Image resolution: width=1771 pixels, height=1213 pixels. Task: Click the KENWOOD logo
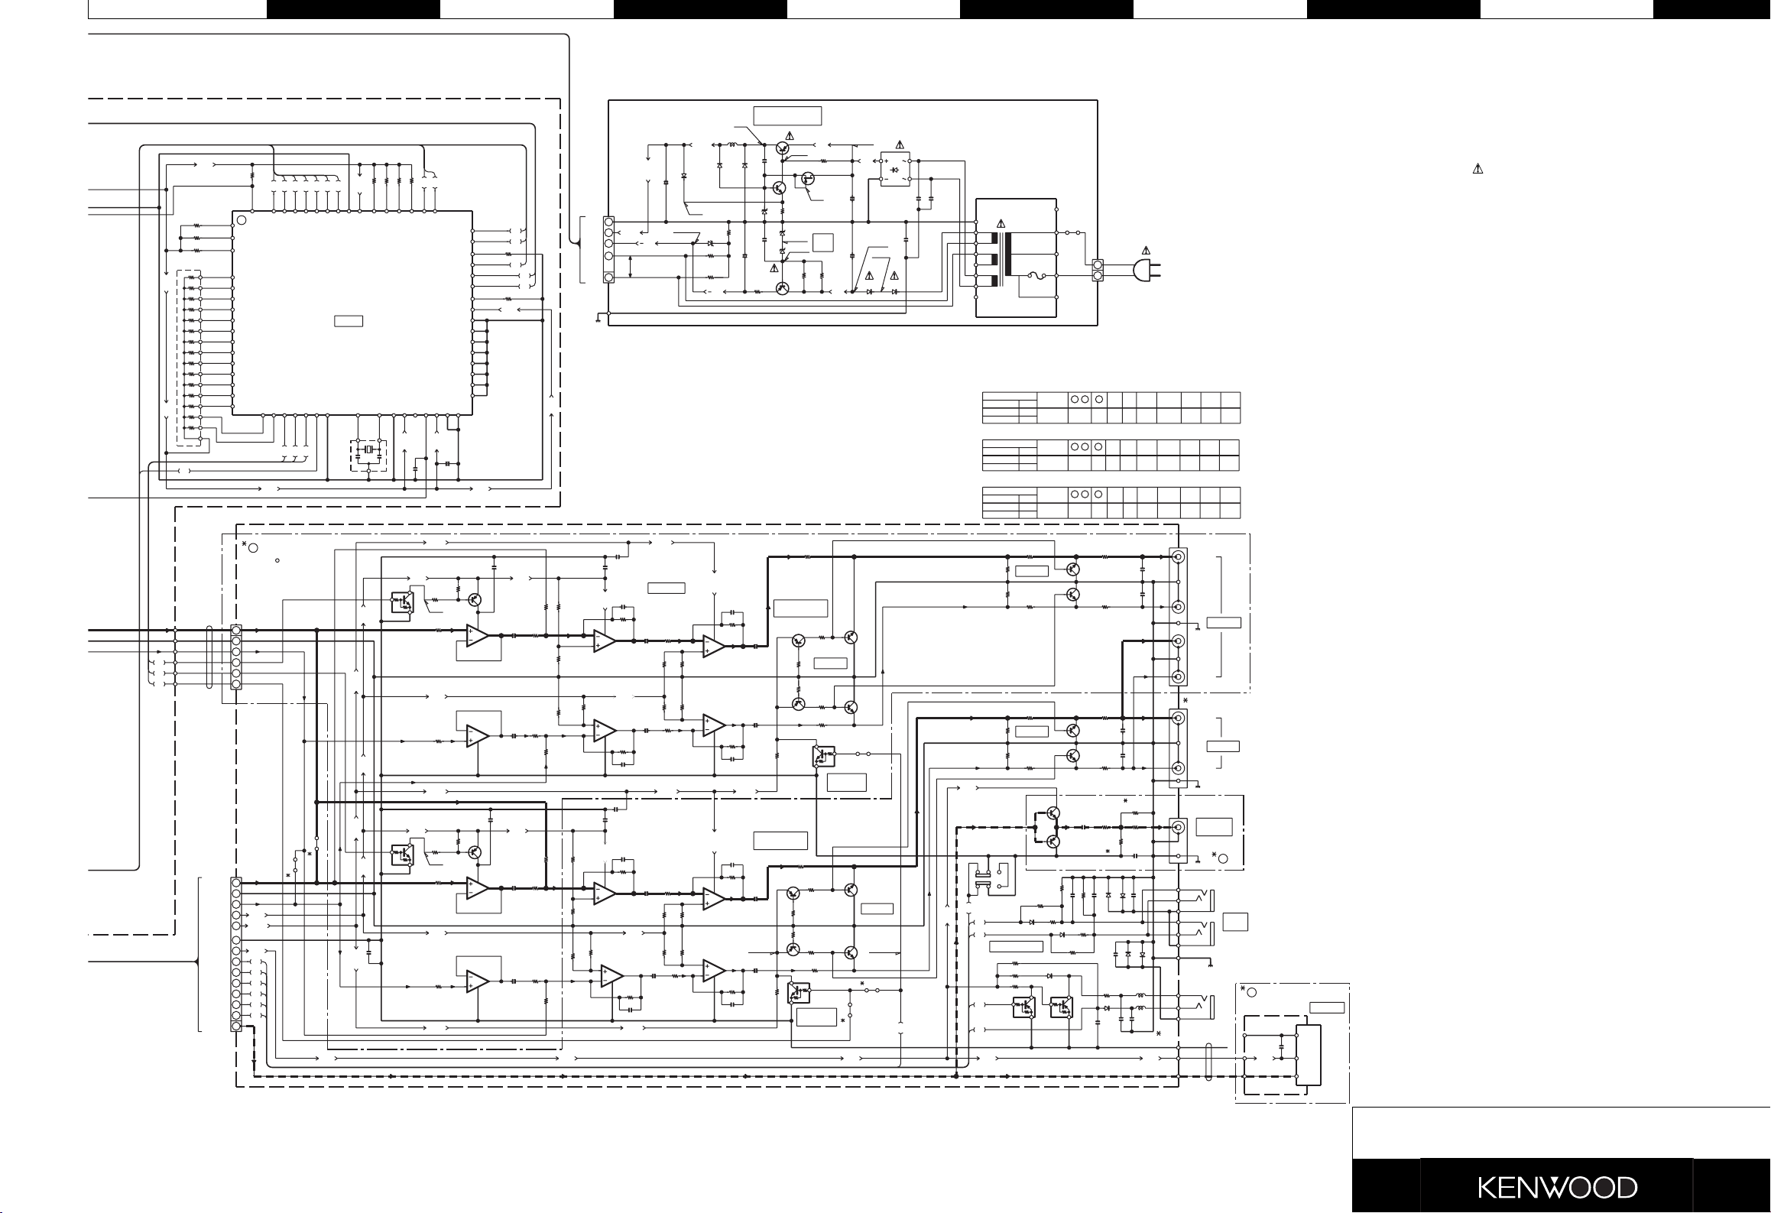tap(1557, 1188)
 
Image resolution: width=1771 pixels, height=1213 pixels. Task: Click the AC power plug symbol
tap(1147, 269)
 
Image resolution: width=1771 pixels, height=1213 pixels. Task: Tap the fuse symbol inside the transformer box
tap(1036, 276)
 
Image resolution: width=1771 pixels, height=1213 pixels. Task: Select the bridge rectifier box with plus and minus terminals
tap(895, 169)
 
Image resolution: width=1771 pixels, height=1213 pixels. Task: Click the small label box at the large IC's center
tap(349, 321)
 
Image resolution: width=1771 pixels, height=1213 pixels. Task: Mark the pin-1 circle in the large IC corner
tap(242, 220)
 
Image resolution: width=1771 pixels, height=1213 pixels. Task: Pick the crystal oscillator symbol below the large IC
tap(368, 449)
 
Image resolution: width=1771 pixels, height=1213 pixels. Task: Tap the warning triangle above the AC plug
tap(1145, 250)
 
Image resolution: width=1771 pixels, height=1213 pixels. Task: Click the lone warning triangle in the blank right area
tap(1477, 169)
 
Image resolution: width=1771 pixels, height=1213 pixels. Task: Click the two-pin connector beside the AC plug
tap(1098, 269)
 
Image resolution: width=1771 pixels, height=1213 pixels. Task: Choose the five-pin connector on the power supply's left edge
tap(609, 249)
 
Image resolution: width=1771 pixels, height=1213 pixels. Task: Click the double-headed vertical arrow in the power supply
tap(631, 267)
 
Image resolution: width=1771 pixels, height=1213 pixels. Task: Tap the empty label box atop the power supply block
tap(787, 115)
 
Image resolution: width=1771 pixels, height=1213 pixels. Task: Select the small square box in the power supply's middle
tap(823, 242)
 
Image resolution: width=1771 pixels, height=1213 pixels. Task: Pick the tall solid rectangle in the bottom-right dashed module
tap(1309, 1056)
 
